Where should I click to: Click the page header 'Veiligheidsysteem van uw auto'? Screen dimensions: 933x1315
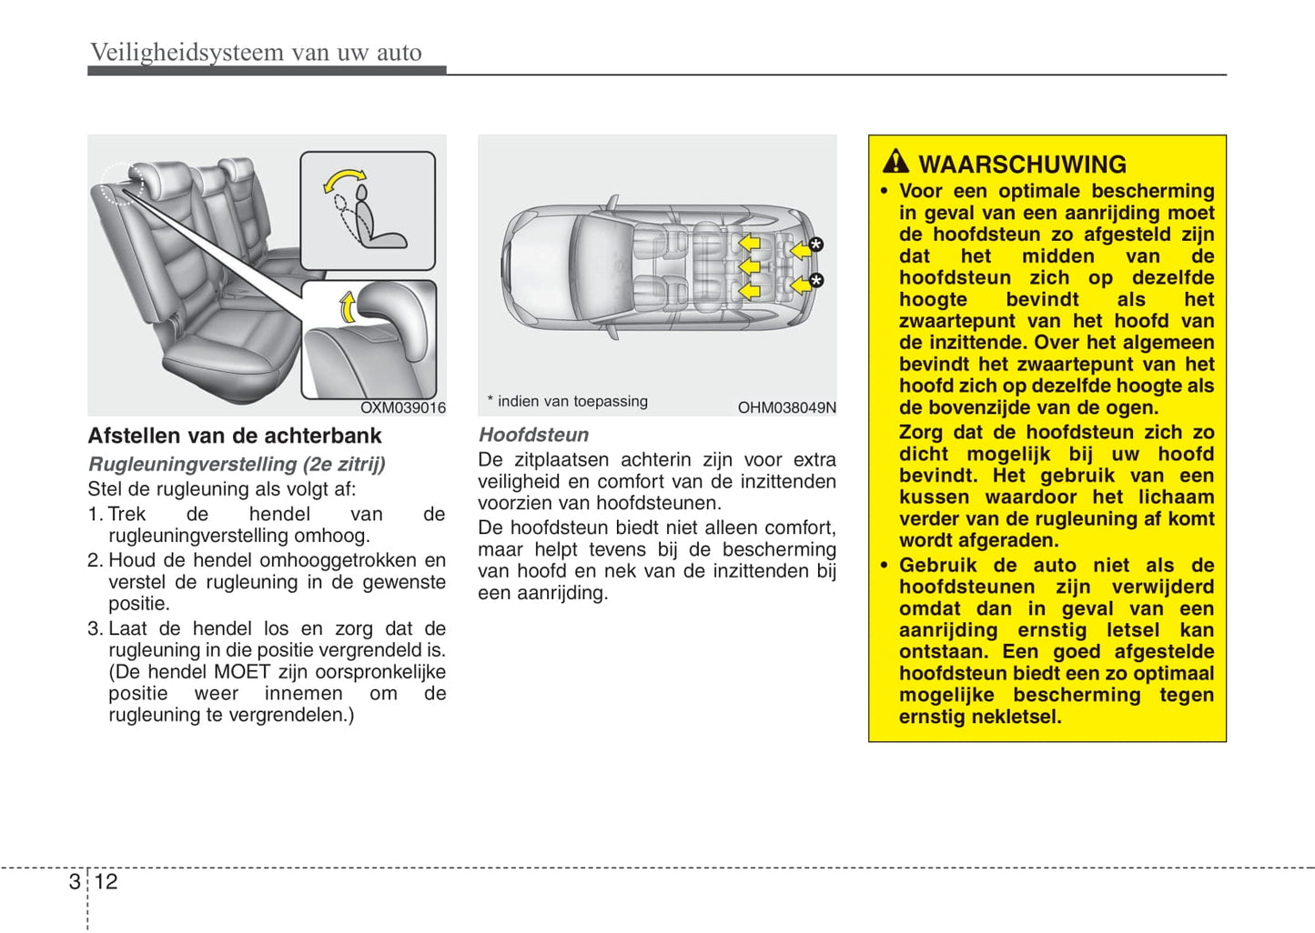(x=256, y=52)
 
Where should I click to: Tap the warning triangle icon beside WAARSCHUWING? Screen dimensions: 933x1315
(x=895, y=162)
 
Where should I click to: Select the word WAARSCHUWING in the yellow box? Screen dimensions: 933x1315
(x=1022, y=165)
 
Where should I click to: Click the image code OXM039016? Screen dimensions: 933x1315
(x=402, y=407)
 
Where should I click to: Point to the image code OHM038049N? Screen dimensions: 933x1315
(x=786, y=407)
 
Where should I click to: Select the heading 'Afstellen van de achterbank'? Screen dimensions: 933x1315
(x=234, y=436)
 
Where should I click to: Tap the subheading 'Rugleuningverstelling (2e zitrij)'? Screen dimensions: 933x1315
(x=237, y=464)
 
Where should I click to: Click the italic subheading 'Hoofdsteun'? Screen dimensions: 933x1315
(x=533, y=435)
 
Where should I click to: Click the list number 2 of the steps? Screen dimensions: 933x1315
(x=95, y=560)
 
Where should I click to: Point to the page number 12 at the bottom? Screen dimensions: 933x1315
(x=106, y=881)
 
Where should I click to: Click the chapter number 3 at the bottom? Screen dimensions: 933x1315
(x=74, y=881)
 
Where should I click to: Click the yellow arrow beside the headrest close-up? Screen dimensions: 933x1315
(x=348, y=307)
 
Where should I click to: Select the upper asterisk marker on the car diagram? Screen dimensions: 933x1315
(x=815, y=244)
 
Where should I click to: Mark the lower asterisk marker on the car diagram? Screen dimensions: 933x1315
(x=815, y=280)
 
